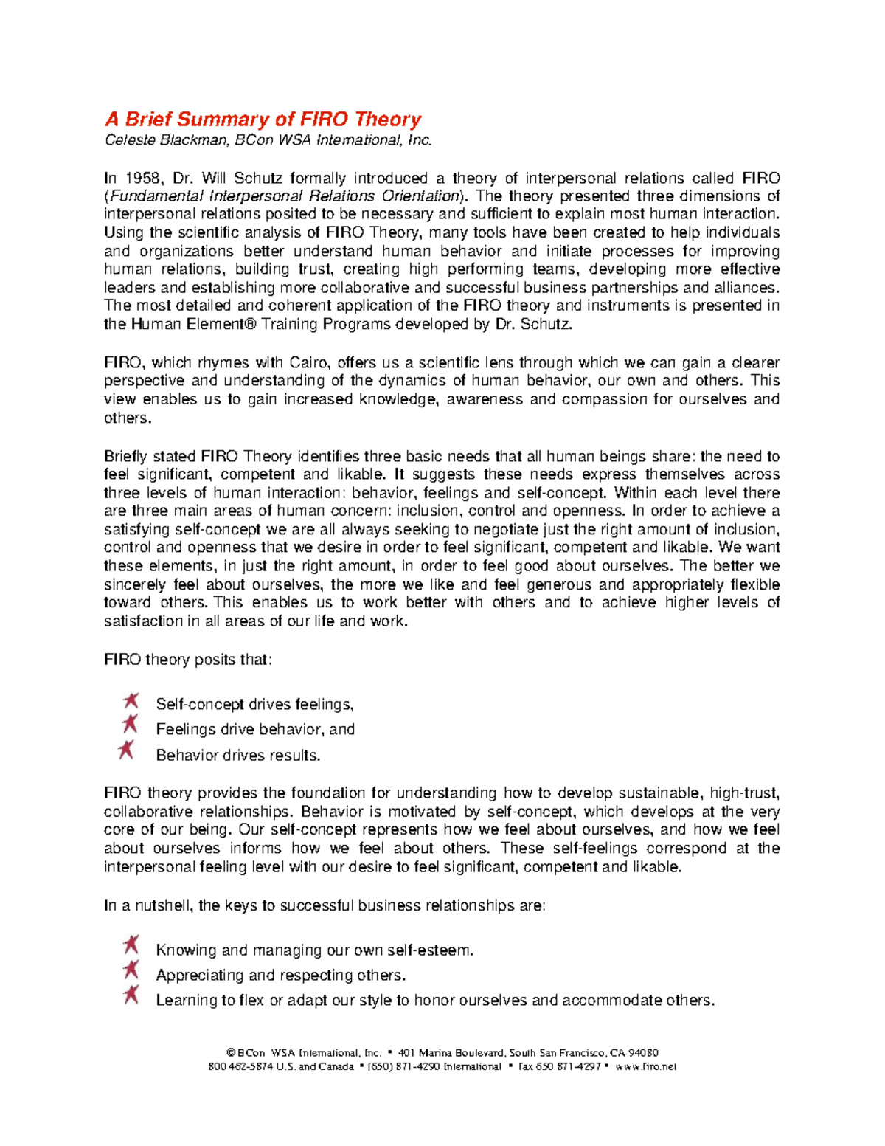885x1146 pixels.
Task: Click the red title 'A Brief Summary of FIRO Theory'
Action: (x=263, y=120)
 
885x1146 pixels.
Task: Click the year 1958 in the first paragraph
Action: (x=143, y=178)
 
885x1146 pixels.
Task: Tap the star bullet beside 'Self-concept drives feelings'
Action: (x=131, y=700)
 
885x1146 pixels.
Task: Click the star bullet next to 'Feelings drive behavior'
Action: (x=130, y=724)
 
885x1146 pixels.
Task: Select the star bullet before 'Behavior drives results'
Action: (x=126, y=750)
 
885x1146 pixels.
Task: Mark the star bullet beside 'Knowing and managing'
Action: (x=131, y=945)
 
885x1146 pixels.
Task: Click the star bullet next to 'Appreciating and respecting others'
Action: (x=131, y=970)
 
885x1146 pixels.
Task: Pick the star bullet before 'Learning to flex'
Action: (x=131, y=995)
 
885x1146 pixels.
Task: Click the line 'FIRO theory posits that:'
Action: (x=188, y=660)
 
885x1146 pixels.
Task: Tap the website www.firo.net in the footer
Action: (x=645, y=1066)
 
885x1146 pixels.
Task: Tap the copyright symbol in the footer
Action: (x=231, y=1053)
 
